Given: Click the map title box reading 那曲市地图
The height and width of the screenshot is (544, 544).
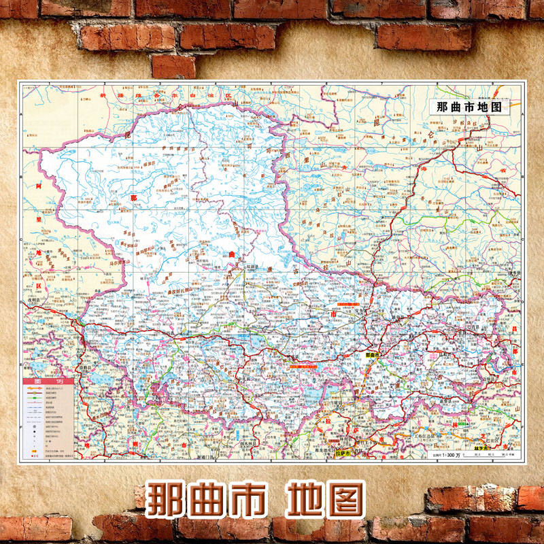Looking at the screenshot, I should pos(469,107).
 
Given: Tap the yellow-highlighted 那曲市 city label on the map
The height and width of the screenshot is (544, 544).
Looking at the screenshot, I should pos(371,355).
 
